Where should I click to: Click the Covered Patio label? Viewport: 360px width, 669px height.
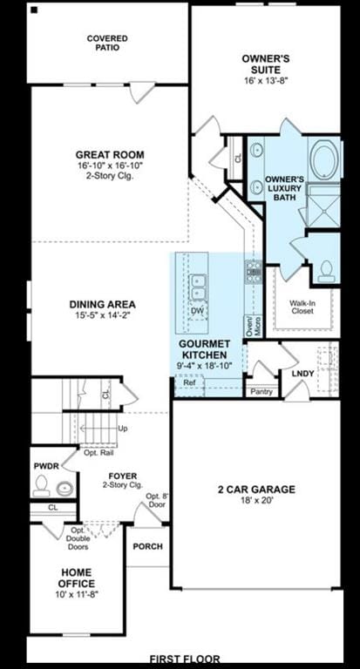point(107,43)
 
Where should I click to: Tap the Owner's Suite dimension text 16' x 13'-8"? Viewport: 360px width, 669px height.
point(266,81)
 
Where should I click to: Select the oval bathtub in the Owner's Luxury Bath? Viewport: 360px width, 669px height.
point(324,159)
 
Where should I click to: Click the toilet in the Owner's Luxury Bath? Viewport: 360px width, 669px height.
point(326,271)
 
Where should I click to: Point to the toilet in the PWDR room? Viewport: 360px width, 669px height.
point(42,486)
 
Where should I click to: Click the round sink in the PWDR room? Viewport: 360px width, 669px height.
point(65,488)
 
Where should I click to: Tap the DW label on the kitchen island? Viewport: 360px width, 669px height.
point(198,310)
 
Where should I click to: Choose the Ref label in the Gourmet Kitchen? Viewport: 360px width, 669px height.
point(189,382)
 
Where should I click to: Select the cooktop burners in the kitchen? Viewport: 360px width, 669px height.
point(254,272)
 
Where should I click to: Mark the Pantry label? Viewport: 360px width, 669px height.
point(262,392)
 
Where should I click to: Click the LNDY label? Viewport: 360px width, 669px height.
point(303,374)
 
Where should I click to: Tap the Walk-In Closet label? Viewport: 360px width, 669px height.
point(302,307)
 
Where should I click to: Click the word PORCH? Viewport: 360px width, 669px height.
point(148,546)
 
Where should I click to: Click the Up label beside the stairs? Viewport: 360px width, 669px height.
point(123,428)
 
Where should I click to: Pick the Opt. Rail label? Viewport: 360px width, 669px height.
point(98,453)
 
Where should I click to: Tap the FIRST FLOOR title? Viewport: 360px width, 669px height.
point(185,659)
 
